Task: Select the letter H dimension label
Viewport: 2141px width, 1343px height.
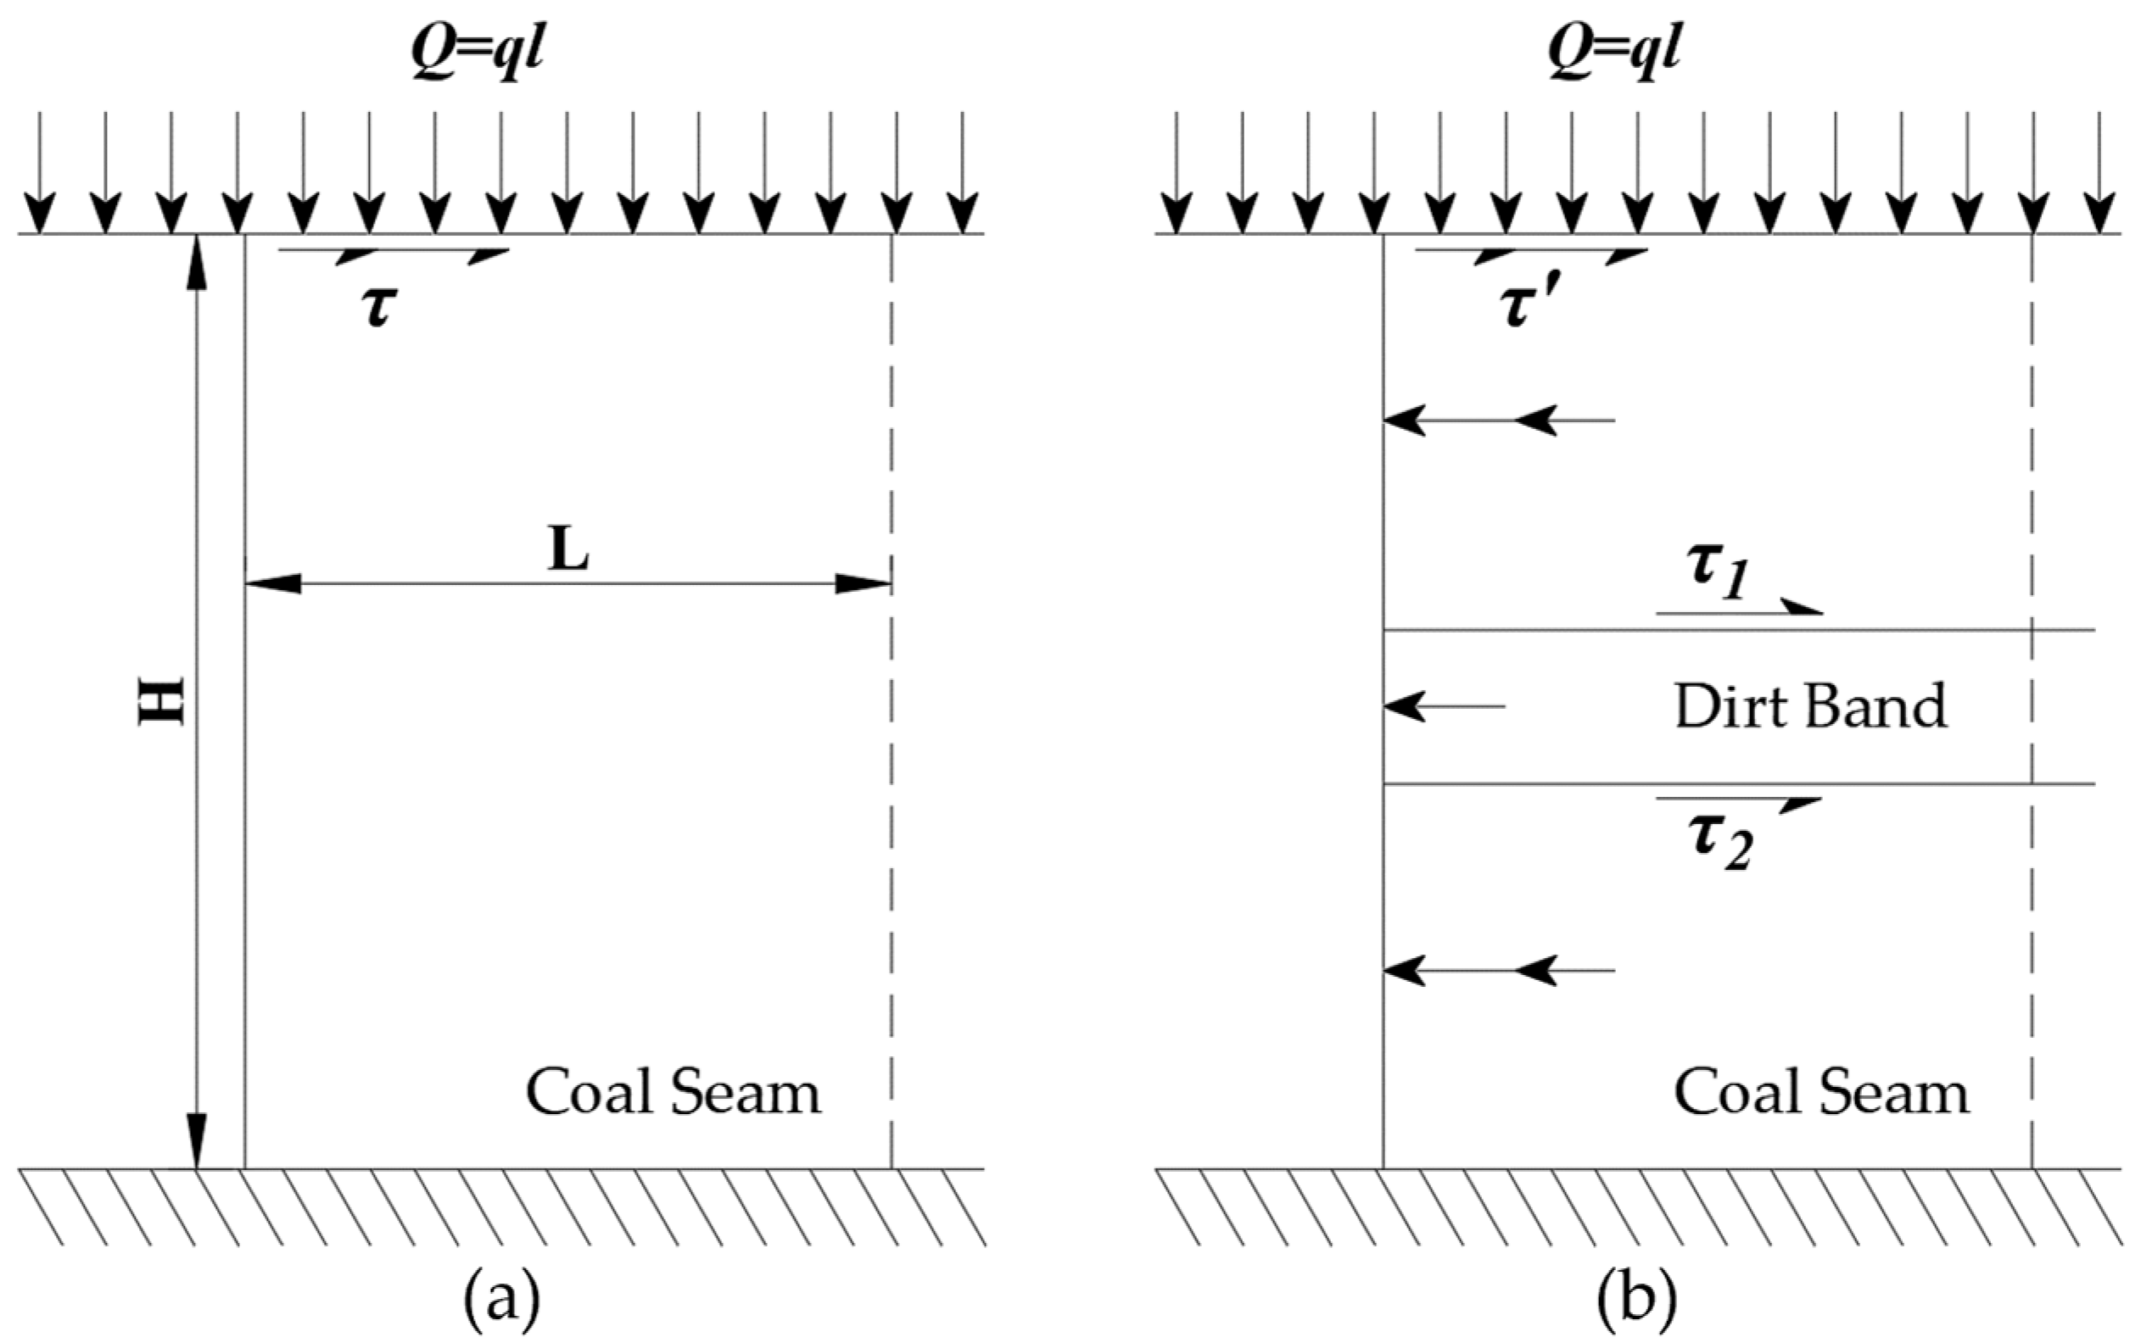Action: tap(162, 702)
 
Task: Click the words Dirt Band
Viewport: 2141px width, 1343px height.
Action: tap(1809, 707)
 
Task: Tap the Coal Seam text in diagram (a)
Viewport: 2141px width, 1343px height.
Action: tap(674, 1092)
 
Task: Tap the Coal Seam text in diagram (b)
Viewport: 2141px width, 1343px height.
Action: tap(1821, 1092)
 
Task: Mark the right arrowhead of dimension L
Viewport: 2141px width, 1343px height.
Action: tap(863, 583)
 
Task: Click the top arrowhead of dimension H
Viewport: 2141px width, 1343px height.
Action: tap(196, 262)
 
